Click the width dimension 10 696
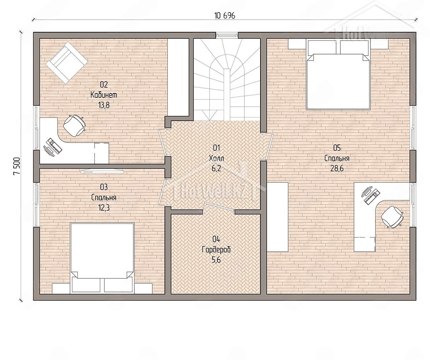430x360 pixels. pos(225,16)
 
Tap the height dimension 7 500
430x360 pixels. pos(17,166)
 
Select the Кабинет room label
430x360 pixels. pos(104,95)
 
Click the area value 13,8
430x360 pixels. pos(104,105)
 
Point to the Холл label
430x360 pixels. pos(216,158)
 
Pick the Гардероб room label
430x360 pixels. pos(216,250)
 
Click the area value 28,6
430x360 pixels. pos(337,169)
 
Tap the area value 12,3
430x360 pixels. pos(104,208)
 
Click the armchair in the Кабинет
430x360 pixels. pos(67,63)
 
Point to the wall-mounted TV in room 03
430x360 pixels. pos(102,171)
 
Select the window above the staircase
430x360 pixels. pos(227,35)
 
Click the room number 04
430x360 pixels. pos(216,239)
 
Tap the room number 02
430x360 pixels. pos(104,85)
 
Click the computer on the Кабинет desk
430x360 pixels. pos(53,147)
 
